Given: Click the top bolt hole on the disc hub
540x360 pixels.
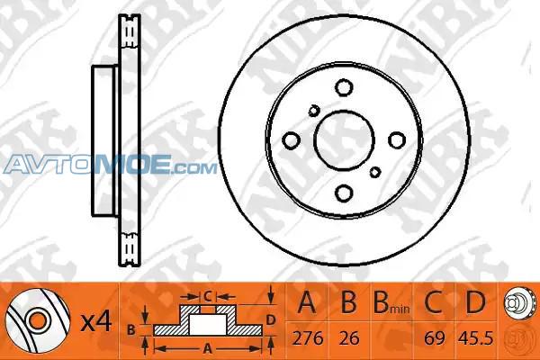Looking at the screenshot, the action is [344, 87].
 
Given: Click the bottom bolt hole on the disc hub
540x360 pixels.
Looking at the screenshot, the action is [344, 193].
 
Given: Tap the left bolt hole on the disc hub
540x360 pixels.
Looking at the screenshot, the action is [291, 140].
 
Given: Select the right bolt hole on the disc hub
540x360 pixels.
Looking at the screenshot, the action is [397, 139].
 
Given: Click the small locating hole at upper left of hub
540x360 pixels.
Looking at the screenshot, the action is [313, 111].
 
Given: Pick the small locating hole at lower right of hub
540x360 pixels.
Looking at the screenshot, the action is [375, 172].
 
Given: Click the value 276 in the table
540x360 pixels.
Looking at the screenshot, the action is [308, 338].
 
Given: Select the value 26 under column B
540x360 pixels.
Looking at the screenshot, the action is [349, 338].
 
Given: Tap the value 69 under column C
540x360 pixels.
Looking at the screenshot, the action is [435, 338].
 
